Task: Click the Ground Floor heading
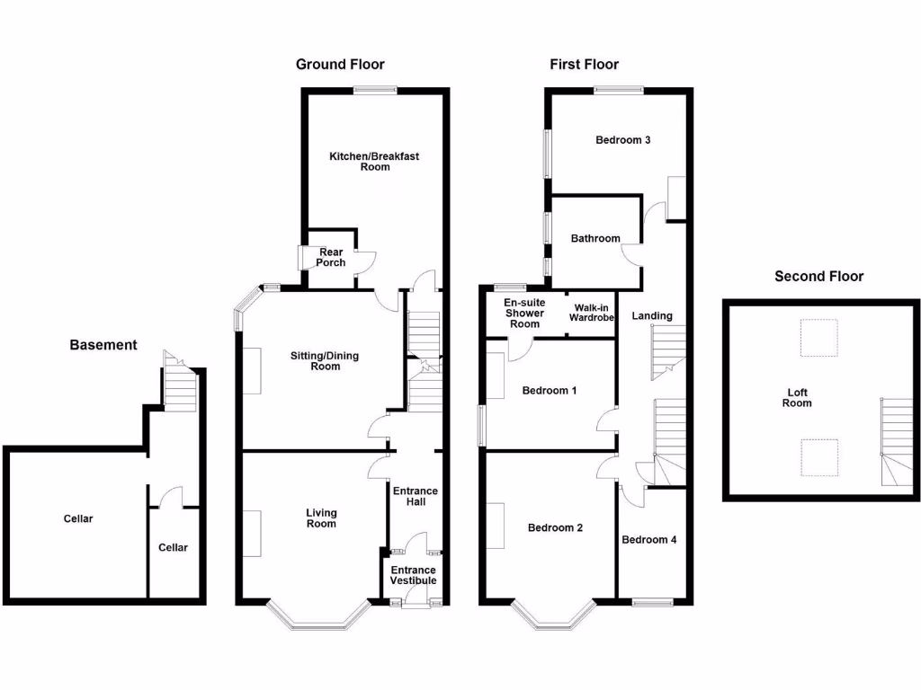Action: click(340, 64)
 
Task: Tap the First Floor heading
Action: click(585, 64)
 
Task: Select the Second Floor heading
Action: click(818, 276)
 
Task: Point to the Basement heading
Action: click(103, 344)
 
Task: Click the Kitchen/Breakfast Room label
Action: click(374, 162)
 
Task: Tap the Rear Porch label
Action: click(330, 257)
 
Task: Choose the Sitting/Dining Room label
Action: click(324, 361)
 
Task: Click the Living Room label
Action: click(321, 518)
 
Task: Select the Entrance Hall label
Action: click(415, 496)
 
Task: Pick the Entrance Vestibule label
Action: click(414, 575)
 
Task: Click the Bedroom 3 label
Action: click(623, 140)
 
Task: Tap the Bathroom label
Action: click(595, 238)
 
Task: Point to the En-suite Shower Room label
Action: click(524, 313)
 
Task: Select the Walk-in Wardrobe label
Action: click(591, 313)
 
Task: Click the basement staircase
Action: click(179, 384)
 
